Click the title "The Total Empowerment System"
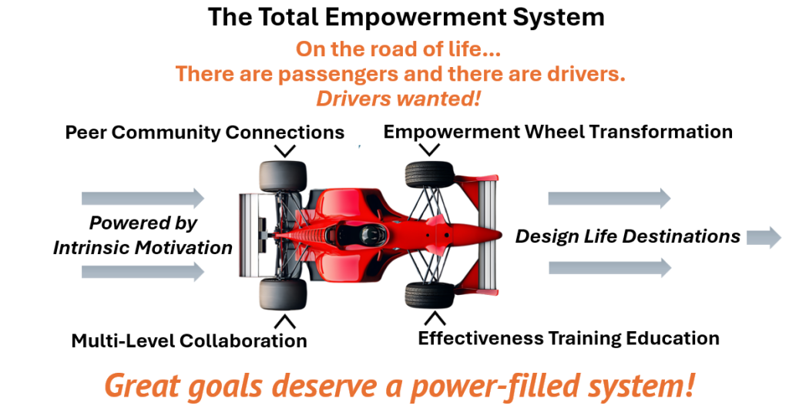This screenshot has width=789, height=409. point(406,17)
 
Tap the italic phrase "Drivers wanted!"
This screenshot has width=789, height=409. point(398,99)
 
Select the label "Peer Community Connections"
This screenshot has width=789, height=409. point(205,132)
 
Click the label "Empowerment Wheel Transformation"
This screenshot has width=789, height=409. point(558,132)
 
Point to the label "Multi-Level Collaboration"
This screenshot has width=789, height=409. point(190,340)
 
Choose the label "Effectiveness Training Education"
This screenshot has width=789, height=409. point(569,338)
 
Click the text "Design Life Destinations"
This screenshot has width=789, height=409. point(627,236)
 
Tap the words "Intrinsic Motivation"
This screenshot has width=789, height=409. point(143,247)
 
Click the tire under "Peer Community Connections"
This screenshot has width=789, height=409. point(283,176)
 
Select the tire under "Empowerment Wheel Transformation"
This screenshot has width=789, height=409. point(430,174)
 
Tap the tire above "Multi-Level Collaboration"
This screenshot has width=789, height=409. point(283,294)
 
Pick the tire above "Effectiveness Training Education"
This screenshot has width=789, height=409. point(430,295)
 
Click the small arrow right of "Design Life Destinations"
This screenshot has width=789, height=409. point(764,237)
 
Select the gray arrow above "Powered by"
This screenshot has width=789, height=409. point(143,198)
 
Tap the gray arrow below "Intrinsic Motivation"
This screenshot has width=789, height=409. point(143,272)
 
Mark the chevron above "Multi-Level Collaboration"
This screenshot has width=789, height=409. point(285,321)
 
